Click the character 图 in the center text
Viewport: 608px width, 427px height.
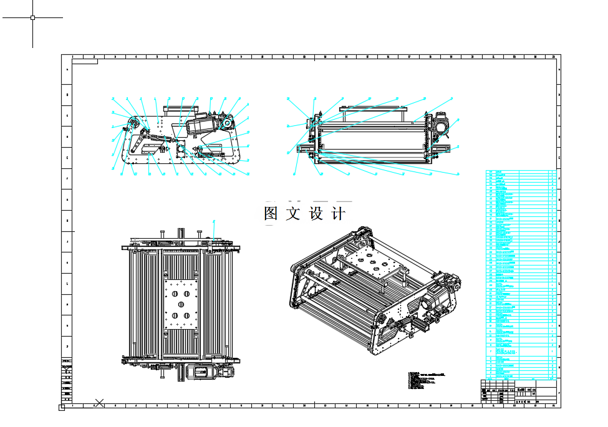[271, 214]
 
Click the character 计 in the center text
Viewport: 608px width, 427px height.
[339, 214]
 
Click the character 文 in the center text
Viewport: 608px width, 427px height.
[293, 214]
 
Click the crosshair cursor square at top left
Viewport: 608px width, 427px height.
[32, 17]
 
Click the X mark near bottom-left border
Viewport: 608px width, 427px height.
[99, 403]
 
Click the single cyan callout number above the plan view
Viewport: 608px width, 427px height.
[214, 221]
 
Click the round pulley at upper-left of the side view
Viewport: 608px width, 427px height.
[133, 121]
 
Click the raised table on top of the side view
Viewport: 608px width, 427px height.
[180, 108]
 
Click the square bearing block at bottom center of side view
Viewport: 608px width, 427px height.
[181, 150]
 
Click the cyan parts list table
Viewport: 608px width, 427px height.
[520, 274]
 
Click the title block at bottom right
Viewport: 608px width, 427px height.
[518, 393]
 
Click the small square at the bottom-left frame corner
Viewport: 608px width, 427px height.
[61, 408]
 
